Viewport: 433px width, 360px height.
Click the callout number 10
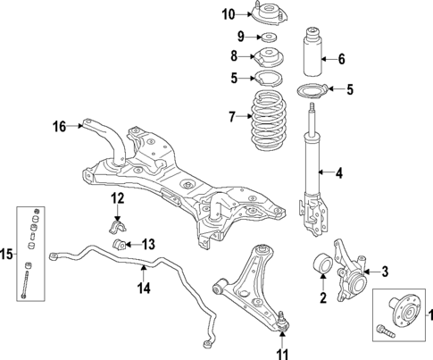pyautogui.click(x=229, y=13)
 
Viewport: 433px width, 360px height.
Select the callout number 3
pyautogui.click(x=385, y=272)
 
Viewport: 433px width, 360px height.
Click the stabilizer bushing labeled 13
pyautogui.click(x=118, y=245)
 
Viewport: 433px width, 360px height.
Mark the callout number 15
pyautogui.click(x=9, y=255)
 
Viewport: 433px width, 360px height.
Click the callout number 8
pyautogui.click(x=236, y=56)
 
